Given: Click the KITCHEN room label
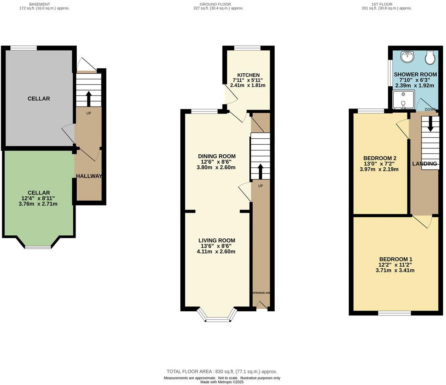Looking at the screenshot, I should coord(248,75).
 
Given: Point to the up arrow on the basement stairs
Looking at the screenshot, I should coord(89,99).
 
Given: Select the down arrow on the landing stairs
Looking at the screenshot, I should coord(430,125).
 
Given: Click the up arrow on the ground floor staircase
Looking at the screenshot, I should coord(260,171).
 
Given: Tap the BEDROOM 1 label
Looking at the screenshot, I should coord(395,259).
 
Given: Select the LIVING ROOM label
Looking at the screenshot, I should coord(216,240).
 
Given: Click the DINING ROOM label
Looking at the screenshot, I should coord(216,156).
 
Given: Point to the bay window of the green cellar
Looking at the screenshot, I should coord(38,247).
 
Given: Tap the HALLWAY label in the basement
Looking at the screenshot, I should coord(89,176).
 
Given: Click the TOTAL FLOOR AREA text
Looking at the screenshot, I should coord(222,371).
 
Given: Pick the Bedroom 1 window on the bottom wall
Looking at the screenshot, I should coord(394,313).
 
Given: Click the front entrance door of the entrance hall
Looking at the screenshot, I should coord(261,305).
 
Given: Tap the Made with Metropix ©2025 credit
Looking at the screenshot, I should coord(222,382).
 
